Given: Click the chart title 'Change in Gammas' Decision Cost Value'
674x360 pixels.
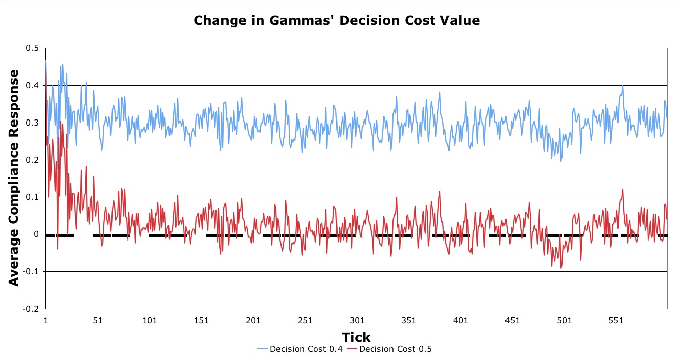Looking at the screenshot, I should point(336,21).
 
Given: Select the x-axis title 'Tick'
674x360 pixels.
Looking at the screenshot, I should point(356,337).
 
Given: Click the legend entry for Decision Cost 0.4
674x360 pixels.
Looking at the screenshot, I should point(295,349).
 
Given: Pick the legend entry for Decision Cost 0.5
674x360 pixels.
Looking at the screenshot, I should point(394,349).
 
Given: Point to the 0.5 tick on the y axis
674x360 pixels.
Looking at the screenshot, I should point(33,48).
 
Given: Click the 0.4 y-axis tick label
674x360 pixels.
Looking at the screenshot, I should point(33,86).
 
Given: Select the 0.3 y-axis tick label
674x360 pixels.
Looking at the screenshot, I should point(33,123).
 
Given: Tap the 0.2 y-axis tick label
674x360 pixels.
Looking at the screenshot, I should point(33,160).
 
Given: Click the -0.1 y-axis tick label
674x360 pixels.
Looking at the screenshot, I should point(31,272).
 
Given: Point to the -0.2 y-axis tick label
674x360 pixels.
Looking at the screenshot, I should point(31,309).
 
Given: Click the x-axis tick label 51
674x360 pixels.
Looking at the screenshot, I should point(98,320).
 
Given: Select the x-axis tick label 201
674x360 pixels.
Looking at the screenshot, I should point(253,320).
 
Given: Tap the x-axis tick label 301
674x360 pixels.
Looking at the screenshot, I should point(357,320).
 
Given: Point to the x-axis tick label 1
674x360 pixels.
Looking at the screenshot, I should point(46,320).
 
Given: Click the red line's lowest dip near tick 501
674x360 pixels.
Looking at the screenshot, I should point(561,268).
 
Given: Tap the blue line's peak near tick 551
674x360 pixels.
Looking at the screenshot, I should point(623,86).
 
